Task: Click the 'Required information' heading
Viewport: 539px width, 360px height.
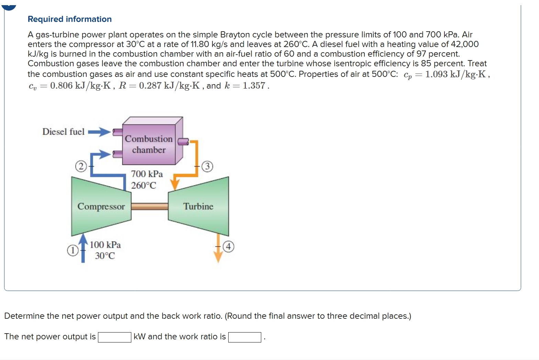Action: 69,19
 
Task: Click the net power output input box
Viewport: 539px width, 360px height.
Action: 114,337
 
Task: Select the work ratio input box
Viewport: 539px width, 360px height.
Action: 245,337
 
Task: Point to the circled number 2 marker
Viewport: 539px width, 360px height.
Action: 80,167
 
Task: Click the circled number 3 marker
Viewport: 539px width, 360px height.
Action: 207,167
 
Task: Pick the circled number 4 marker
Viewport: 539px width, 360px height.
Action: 229,247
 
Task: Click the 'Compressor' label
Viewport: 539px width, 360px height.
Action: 101,206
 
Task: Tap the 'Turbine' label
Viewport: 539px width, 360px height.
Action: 198,206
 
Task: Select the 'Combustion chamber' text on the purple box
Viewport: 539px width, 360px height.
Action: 148,144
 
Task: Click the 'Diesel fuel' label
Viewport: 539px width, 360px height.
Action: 63,132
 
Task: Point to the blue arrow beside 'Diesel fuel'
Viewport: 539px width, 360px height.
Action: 99,132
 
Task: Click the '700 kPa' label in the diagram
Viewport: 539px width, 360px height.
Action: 147,174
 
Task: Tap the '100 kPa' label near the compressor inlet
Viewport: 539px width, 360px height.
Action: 105,245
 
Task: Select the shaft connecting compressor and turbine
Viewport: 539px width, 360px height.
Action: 150,206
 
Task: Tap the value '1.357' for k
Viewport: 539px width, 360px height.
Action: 254,86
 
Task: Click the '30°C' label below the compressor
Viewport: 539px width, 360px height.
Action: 105,256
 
